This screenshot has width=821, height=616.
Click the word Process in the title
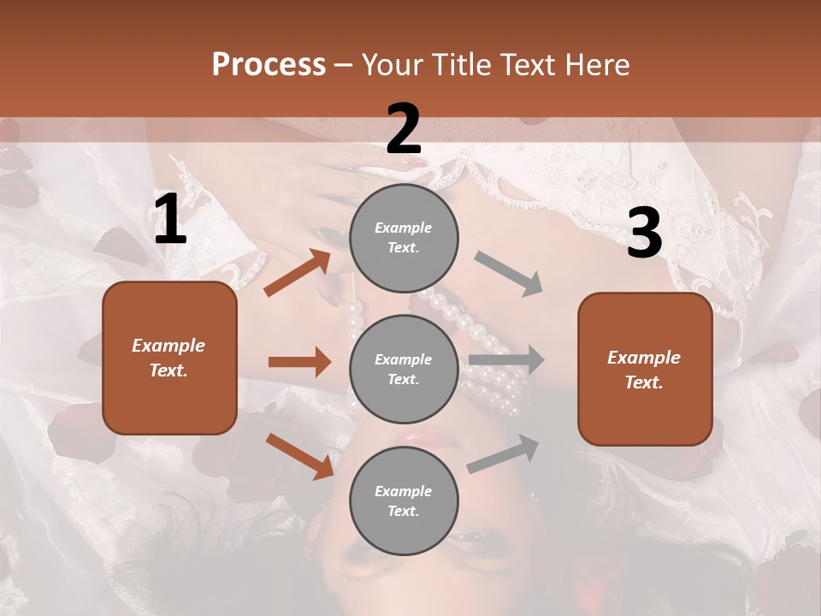point(269,65)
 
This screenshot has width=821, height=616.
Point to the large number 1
point(170,221)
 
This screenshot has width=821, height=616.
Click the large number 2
point(404,129)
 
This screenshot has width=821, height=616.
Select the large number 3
point(644,234)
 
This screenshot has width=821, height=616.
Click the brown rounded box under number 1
point(169,358)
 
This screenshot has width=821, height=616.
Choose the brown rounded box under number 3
point(645,370)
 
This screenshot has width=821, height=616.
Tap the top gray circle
point(404,238)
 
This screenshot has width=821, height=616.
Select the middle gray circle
point(404,369)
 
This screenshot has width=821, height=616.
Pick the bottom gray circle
point(404,500)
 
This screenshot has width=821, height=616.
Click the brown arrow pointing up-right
point(298,273)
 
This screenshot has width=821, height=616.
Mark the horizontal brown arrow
point(299,362)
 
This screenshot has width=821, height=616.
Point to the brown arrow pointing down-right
point(300,456)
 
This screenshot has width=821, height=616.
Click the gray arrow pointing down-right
point(509,274)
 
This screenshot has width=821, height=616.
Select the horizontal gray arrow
point(505,359)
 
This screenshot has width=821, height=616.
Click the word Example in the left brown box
point(168,346)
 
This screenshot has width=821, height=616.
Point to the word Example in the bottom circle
point(403,491)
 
